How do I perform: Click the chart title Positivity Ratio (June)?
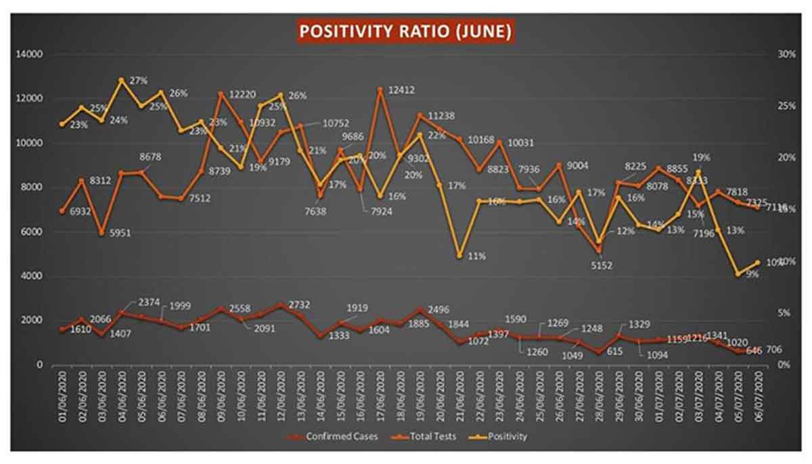click(x=405, y=31)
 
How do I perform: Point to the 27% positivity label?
click(x=139, y=80)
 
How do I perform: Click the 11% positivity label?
click(x=477, y=256)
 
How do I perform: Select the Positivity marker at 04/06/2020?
click(x=122, y=80)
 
